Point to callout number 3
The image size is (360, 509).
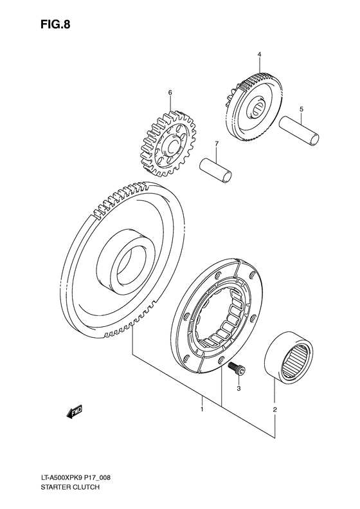pyautogui.click(x=238, y=388)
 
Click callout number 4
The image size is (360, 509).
pyautogui.click(x=259, y=56)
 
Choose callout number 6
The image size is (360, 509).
pyautogui.click(x=170, y=93)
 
